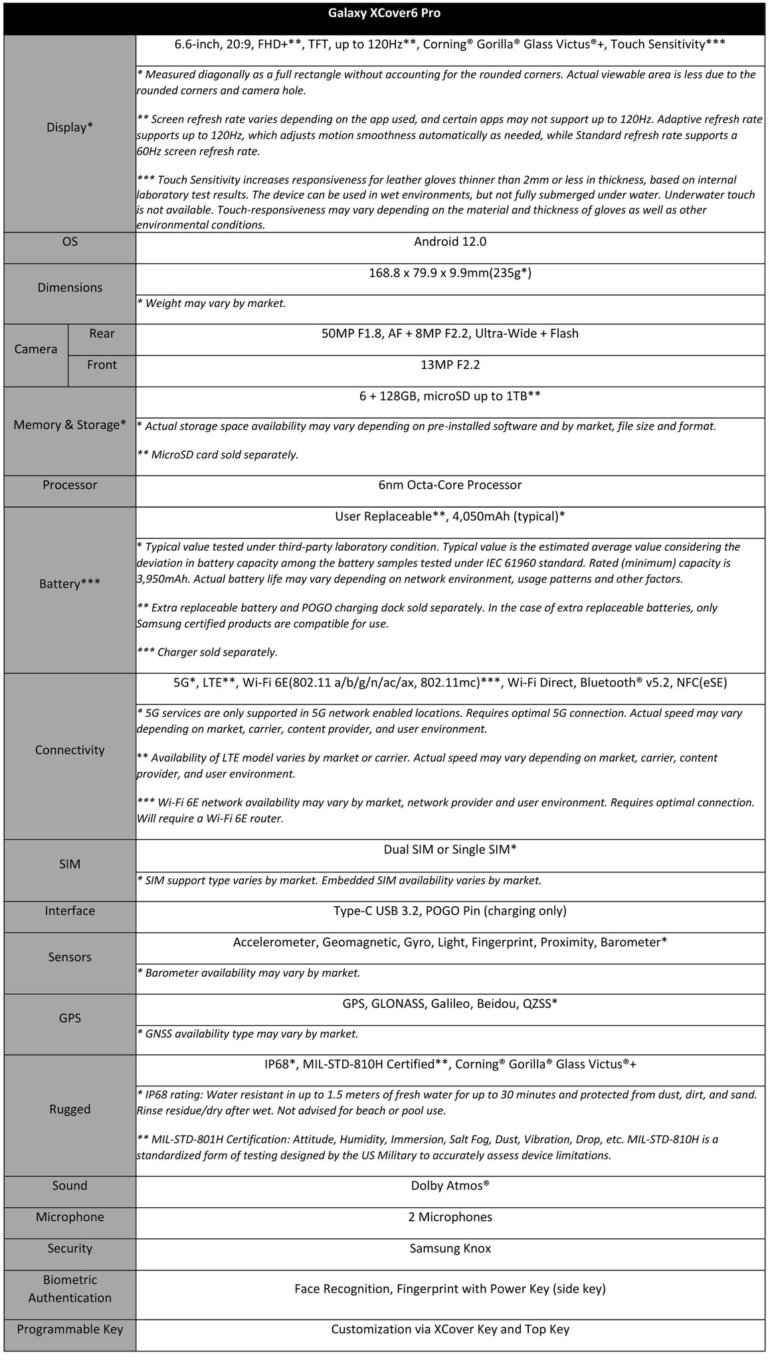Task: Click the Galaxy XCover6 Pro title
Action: [384, 13]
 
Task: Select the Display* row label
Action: [70, 127]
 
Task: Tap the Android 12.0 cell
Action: [450, 242]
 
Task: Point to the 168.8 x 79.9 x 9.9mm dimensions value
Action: [450, 272]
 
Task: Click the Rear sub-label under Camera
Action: [102, 334]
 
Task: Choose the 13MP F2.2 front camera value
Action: [450, 365]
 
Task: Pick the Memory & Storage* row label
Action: [70, 425]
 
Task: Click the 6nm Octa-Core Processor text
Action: [450, 485]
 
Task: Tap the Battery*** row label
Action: [70, 584]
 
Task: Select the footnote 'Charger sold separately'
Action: [207, 652]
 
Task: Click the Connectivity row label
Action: [70, 750]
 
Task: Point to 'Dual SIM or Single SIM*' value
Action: [450, 850]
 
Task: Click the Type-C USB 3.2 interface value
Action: [450, 911]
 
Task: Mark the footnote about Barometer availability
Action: [248, 973]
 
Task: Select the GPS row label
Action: [70, 1018]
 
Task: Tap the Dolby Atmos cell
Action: [450, 1185]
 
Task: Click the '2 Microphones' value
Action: [450, 1217]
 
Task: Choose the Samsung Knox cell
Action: [450, 1248]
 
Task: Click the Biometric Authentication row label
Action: [70, 1288]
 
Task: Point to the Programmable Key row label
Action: [70, 1329]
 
